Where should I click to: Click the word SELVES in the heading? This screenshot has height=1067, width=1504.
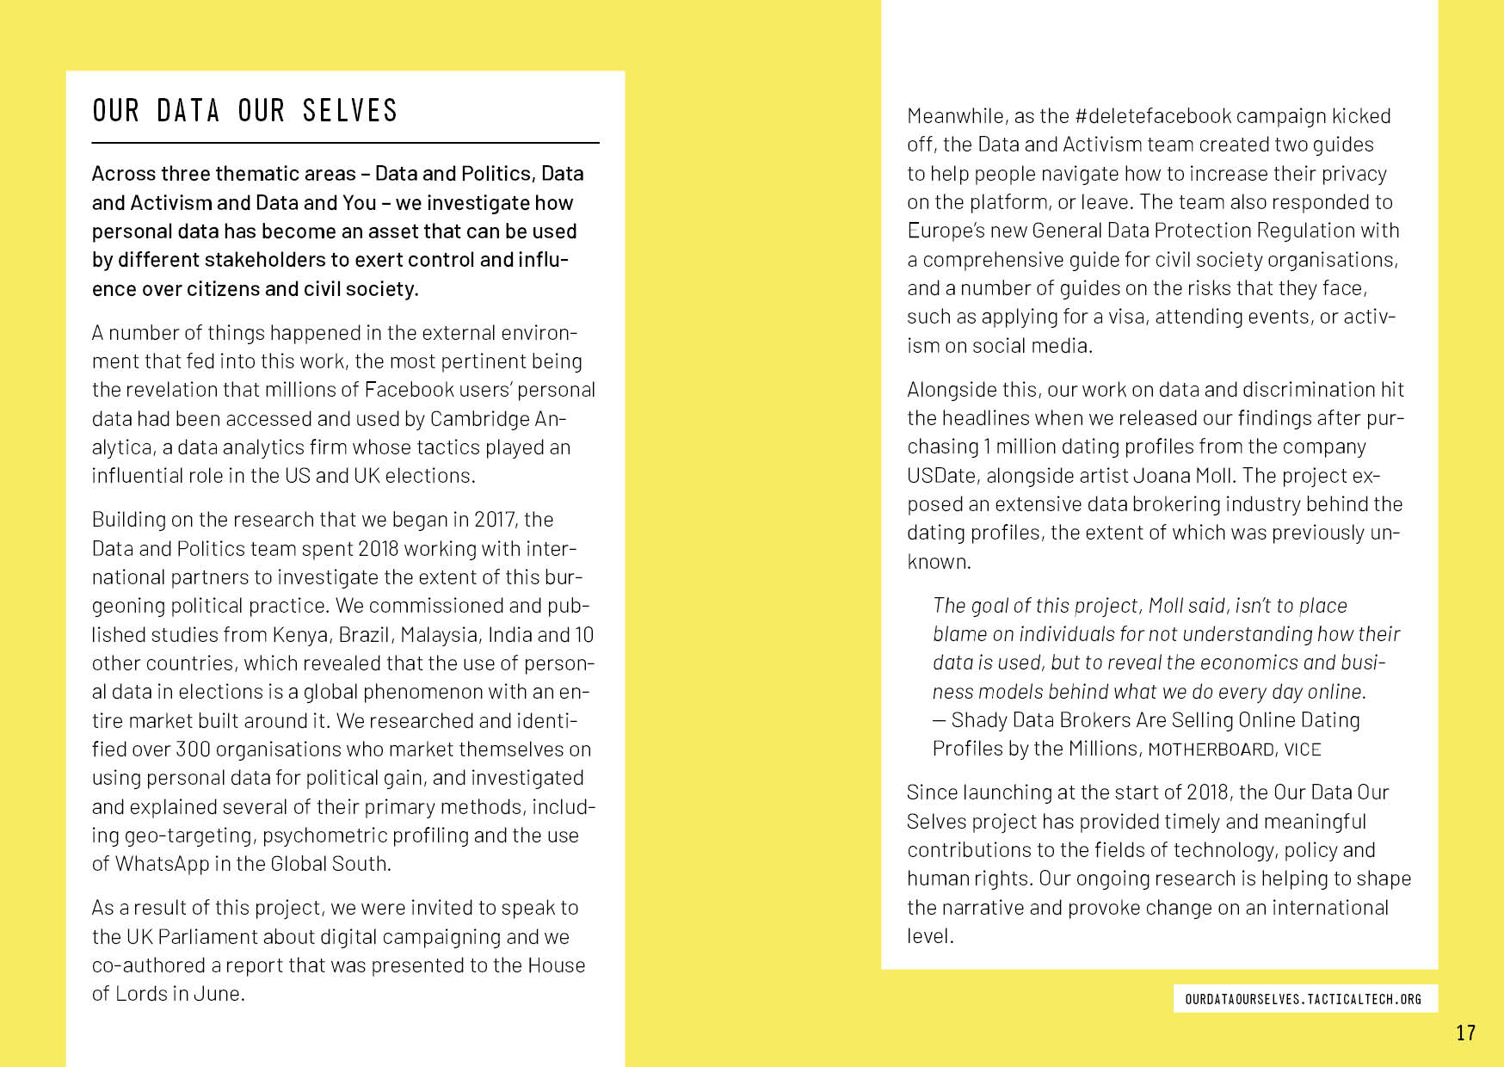(x=349, y=111)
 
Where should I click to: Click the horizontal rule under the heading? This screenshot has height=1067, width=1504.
(x=345, y=143)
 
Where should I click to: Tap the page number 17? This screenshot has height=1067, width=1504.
(x=1465, y=1033)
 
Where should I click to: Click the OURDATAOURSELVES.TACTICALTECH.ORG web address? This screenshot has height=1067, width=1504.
(x=1303, y=999)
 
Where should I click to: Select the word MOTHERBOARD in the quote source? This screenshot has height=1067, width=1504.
(x=1211, y=749)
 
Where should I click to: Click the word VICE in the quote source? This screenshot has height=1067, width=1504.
(x=1303, y=749)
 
